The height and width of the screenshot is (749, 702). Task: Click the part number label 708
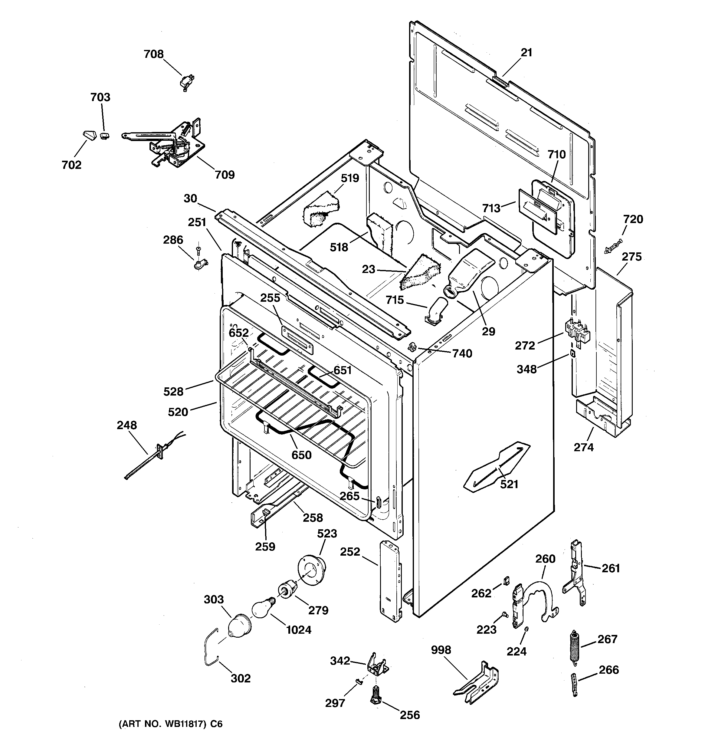[x=154, y=54]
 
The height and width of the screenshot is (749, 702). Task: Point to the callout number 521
[x=509, y=484]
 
